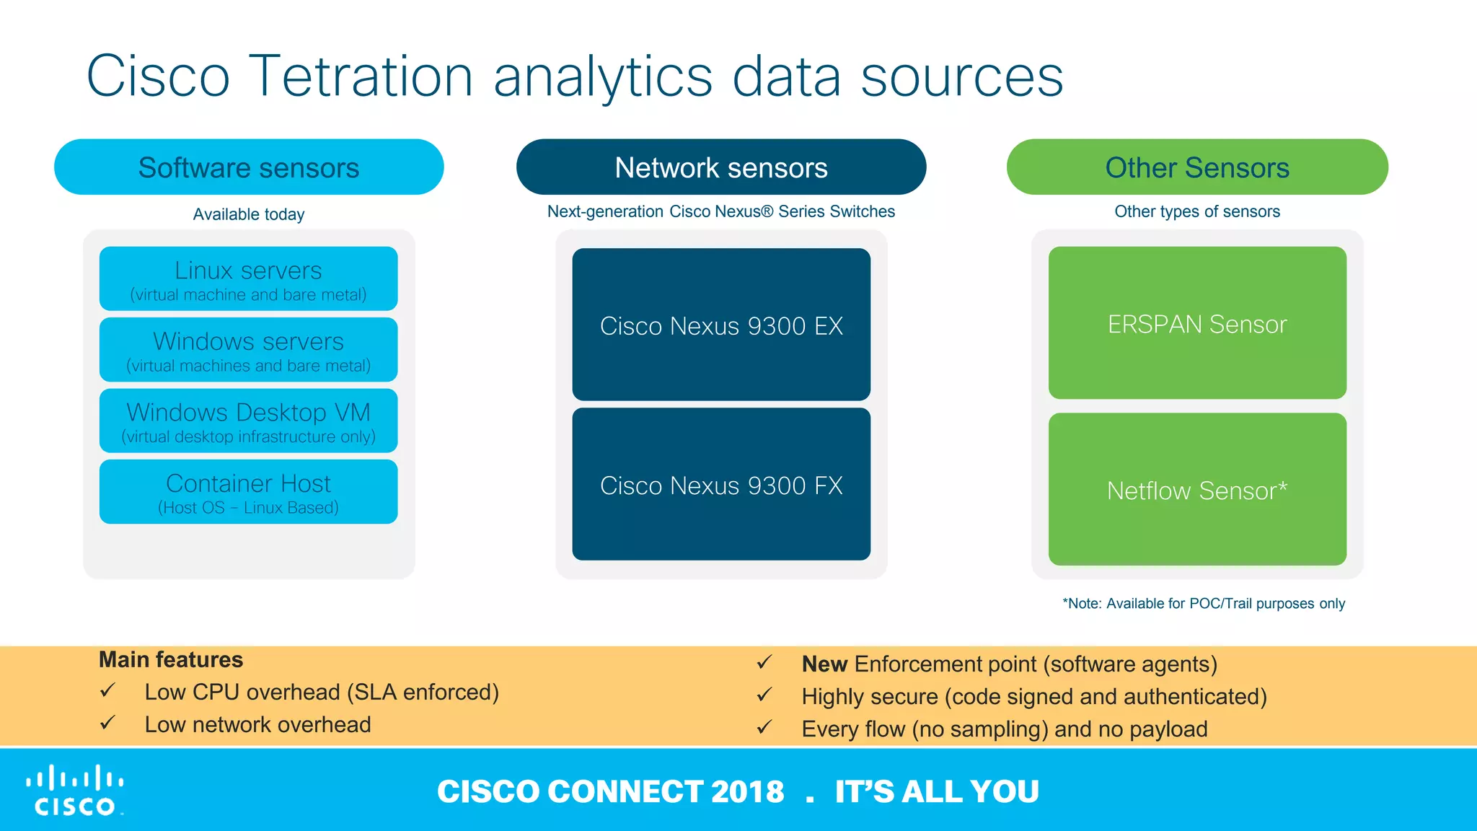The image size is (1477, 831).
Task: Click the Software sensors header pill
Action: pos(249,167)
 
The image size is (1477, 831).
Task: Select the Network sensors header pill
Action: pos(721,167)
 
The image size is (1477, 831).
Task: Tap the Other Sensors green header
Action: pos(1197,167)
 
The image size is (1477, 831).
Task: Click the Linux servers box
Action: pos(249,279)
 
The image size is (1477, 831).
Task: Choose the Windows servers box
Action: pos(249,350)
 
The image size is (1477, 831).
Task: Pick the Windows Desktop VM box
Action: pos(249,421)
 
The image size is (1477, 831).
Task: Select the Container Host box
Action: pos(249,492)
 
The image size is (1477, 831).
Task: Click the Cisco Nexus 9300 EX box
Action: pos(721,325)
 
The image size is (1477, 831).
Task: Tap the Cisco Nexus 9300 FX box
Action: pos(721,485)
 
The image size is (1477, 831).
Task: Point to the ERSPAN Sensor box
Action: pos(1197,323)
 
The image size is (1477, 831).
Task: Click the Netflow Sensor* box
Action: pos(1197,490)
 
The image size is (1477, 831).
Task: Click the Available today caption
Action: pos(249,214)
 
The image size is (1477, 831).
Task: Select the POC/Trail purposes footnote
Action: pos(1204,603)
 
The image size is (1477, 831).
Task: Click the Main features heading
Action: pos(171,659)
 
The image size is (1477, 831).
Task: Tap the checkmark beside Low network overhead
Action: pos(107,723)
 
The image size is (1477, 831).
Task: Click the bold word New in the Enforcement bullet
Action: pos(824,664)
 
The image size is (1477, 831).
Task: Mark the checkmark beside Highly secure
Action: pos(764,695)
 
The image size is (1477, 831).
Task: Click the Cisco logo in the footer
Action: pos(75,791)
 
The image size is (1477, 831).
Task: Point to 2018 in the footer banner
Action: pos(747,791)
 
